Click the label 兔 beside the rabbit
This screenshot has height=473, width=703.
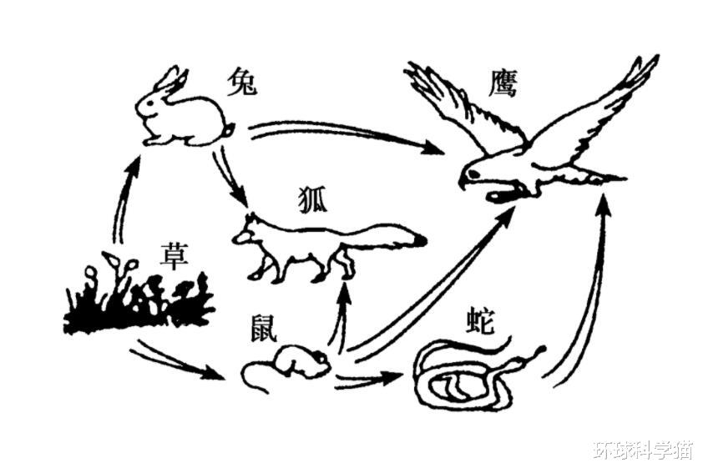click(241, 83)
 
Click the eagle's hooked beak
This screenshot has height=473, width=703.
click(465, 179)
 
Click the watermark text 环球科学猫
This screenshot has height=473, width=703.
click(642, 450)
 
